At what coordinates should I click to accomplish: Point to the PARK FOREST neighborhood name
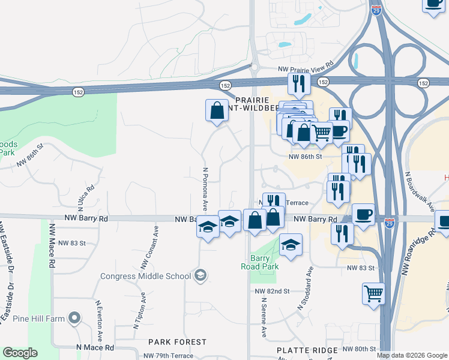click(x=178, y=342)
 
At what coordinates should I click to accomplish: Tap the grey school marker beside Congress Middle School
click(x=201, y=276)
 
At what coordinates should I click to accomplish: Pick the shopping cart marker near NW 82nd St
click(x=373, y=294)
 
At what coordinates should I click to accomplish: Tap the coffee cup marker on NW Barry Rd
click(x=363, y=214)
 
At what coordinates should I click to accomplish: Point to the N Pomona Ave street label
click(x=205, y=189)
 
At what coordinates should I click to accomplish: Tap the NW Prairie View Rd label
click(x=306, y=70)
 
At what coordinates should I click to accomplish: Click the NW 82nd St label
click(x=271, y=290)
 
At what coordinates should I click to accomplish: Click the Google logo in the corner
click(x=19, y=352)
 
